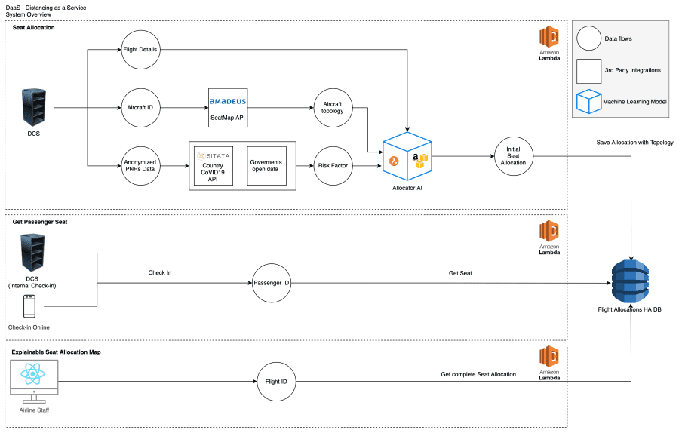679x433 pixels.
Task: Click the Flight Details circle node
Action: click(x=141, y=51)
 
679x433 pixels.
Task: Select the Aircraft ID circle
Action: click(x=141, y=108)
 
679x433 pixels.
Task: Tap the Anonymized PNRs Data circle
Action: click(x=141, y=164)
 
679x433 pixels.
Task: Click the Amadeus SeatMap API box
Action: click(x=228, y=107)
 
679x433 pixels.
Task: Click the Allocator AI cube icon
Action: click(x=407, y=157)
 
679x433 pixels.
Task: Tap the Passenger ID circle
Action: click(x=270, y=283)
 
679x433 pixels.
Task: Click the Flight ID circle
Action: click(x=276, y=382)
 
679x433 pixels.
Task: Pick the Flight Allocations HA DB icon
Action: click(x=631, y=278)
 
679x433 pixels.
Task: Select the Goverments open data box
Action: click(x=266, y=164)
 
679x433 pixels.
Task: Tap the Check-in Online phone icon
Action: click(x=29, y=306)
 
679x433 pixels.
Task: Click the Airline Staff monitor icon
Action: click(x=34, y=382)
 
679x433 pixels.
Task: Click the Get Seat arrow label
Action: click(x=460, y=273)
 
